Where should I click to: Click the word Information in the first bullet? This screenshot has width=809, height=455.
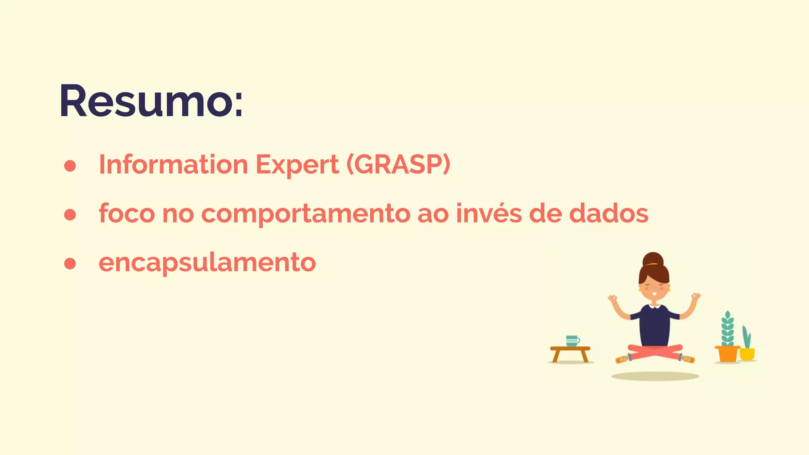[173, 164]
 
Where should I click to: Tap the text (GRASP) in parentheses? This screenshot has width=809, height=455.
[398, 164]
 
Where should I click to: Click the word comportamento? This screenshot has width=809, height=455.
[306, 214]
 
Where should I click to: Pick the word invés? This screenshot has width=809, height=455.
[489, 213]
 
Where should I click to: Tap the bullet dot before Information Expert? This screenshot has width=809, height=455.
[70, 166]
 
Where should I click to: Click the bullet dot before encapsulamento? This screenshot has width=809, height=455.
[70, 263]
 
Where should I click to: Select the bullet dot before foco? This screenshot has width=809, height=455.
[70, 214]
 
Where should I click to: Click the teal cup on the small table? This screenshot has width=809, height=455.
[572, 340]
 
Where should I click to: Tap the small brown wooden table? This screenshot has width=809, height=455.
[570, 353]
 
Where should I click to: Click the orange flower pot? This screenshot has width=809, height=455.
[727, 353]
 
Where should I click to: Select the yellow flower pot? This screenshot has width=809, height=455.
[747, 353]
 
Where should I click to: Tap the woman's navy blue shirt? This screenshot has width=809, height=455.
[655, 325]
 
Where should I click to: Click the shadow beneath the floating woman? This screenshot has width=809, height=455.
[655, 376]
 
